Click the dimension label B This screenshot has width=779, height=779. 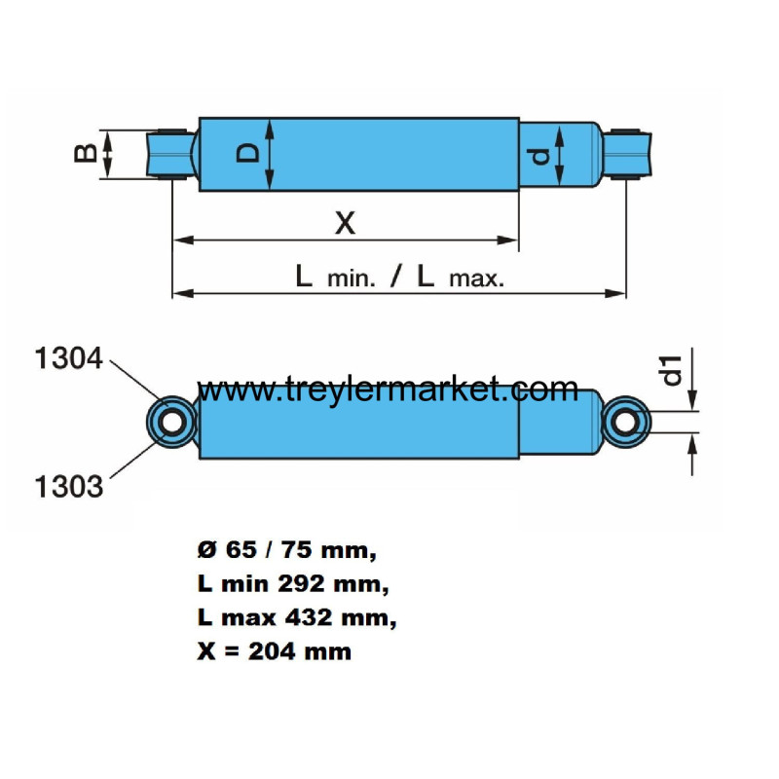85,154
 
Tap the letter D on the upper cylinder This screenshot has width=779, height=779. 248,153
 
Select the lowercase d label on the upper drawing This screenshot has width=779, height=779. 540,157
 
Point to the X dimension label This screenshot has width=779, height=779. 346,223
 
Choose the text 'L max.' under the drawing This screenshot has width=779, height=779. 461,278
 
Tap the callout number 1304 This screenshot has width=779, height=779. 68,358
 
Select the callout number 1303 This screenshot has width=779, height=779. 68,486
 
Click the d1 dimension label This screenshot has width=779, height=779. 672,371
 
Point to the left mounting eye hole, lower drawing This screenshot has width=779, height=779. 172,423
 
